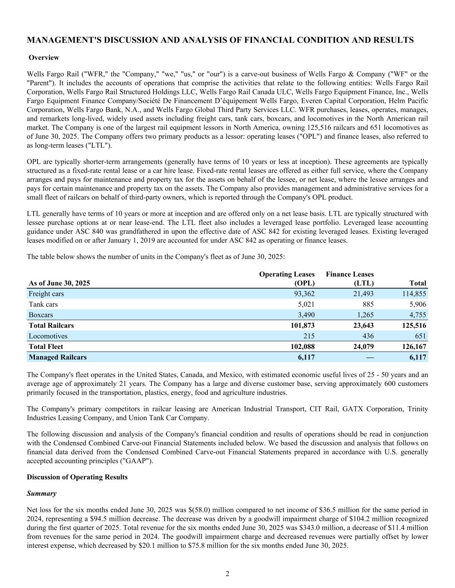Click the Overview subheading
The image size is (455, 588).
(x=44, y=58)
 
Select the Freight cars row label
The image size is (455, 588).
(x=46, y=294)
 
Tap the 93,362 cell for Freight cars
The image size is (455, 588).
(x=302, y=294)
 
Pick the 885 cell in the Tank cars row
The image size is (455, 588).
(x=367, y=304)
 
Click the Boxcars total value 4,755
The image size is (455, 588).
(x=417, y=315)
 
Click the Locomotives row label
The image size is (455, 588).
(x=48, y=336)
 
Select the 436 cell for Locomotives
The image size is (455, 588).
(x=367, y=336)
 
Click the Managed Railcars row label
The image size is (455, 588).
(x=57, y=357)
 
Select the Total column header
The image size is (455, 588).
(x=417, y=283)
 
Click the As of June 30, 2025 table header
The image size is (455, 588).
(x=59, y=283)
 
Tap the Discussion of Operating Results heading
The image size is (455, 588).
(x=77, y=477)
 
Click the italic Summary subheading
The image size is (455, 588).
(x=41, y=493)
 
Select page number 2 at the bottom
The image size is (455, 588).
(x=227, y=573)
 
